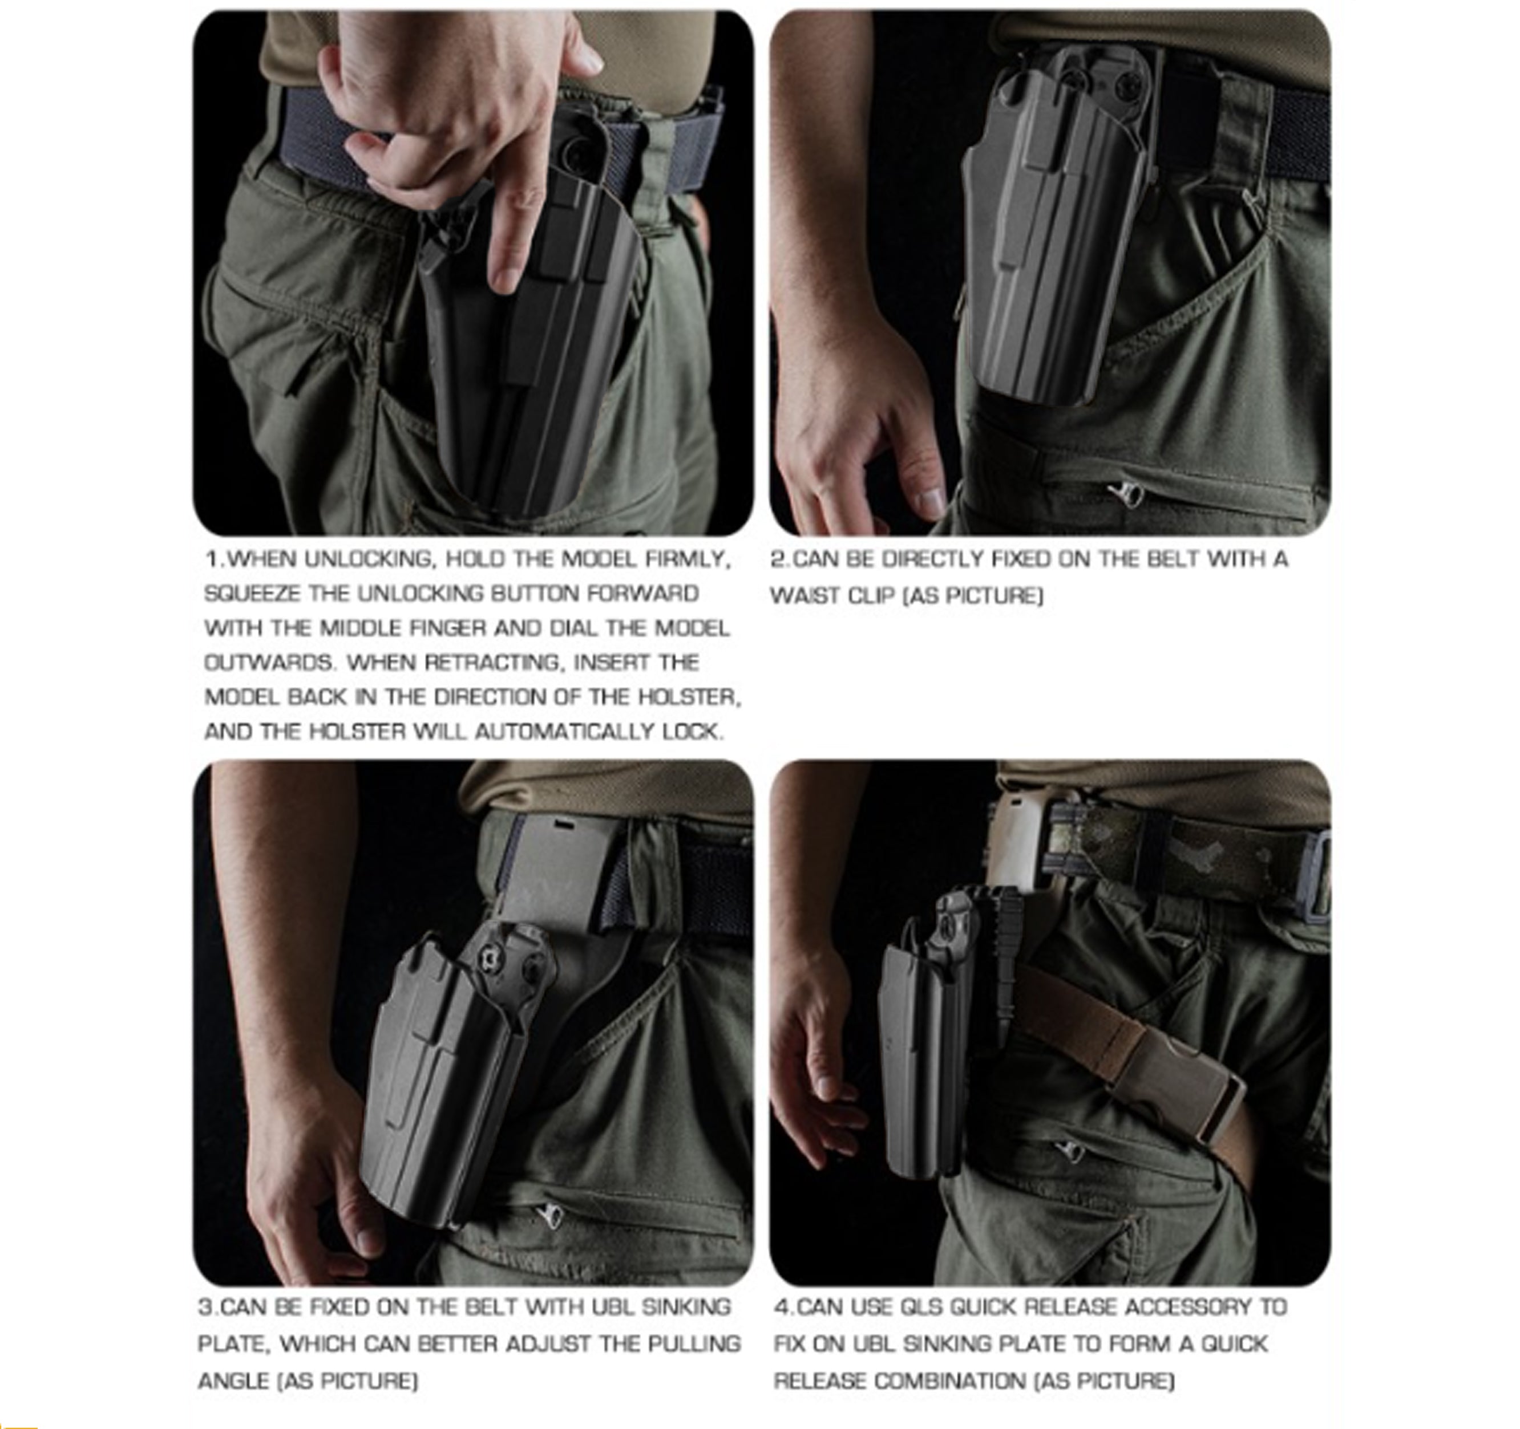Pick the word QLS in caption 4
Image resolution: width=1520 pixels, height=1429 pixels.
920,1307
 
